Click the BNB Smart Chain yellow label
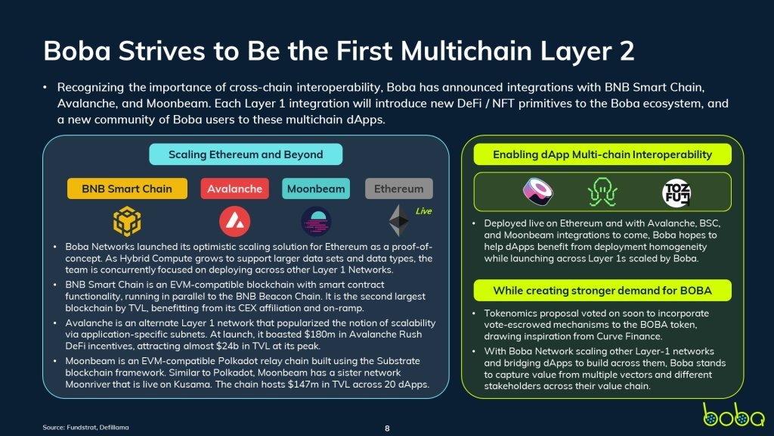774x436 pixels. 127,188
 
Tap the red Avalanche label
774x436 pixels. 234,188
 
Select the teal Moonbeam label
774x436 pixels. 316,188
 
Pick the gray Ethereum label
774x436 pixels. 399,188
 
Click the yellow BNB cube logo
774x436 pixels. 127,221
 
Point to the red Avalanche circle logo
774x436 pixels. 234,222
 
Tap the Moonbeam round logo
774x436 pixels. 316,222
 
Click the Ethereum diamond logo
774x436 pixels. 399,220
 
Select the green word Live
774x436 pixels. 423,211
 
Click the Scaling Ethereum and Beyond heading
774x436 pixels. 246,154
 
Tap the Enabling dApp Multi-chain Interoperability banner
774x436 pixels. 602,154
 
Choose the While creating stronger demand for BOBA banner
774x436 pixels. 602,291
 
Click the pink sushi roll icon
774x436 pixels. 537,192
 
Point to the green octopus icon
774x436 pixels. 602,192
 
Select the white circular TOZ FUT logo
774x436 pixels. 676,193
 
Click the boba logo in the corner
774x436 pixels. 733,416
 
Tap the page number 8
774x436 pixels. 387,428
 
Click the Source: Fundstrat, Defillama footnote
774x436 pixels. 86,427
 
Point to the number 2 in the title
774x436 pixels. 626,51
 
